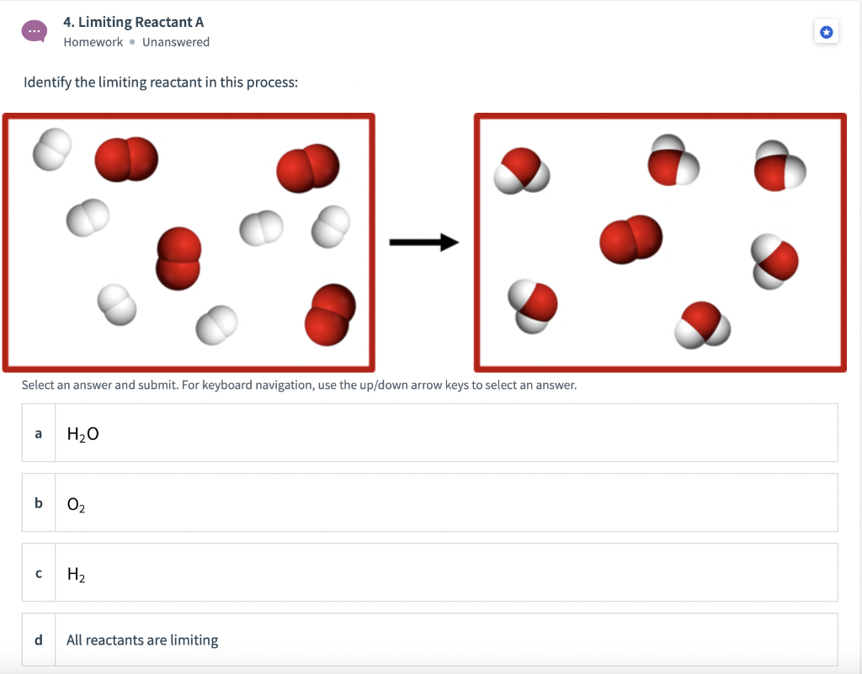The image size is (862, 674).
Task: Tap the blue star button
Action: [826, 33]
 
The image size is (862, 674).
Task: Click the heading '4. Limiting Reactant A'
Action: [134, 22]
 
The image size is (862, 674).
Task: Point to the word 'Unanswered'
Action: [176, 42]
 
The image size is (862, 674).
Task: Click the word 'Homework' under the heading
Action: [93, 42]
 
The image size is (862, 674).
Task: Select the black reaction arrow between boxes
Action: [423, 243]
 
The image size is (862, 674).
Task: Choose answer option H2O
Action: [82, 433]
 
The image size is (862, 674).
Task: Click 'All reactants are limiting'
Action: [142, 640]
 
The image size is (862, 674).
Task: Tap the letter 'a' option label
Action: [38, 433]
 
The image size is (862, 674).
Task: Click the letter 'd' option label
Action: [38, 640]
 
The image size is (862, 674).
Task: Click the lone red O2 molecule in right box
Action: [631, 240]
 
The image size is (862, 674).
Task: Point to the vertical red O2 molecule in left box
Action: [178, 258]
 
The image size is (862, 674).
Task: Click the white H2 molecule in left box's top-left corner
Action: [52, 149]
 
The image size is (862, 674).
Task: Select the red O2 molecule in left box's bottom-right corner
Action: [327, 316]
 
